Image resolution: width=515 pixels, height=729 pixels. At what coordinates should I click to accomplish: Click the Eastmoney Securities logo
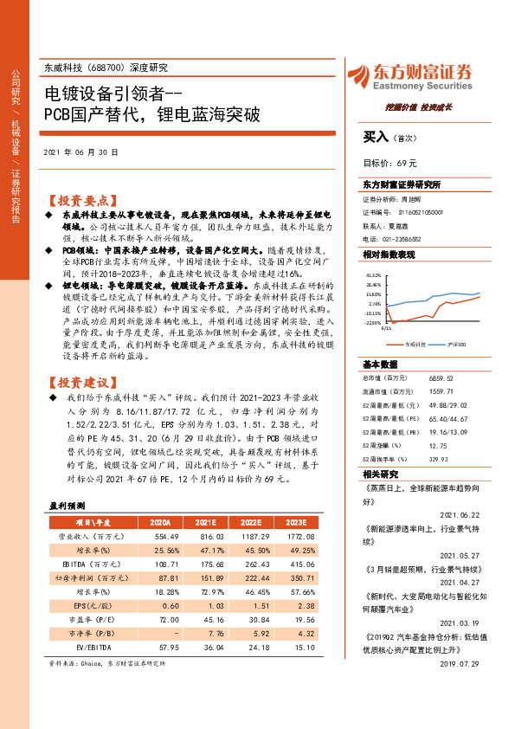(x=410, y=75)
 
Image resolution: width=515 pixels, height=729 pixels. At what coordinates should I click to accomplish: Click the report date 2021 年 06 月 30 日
(x=80, y=151)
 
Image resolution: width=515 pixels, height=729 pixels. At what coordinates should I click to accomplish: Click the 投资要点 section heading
(x=81, y=197)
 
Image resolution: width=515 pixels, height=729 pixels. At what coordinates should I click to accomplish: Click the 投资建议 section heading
(x=81, y=382)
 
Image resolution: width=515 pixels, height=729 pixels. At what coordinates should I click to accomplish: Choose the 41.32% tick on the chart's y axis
(x=373, y=274)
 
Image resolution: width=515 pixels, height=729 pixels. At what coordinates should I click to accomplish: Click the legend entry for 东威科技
(x=414, y=345)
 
